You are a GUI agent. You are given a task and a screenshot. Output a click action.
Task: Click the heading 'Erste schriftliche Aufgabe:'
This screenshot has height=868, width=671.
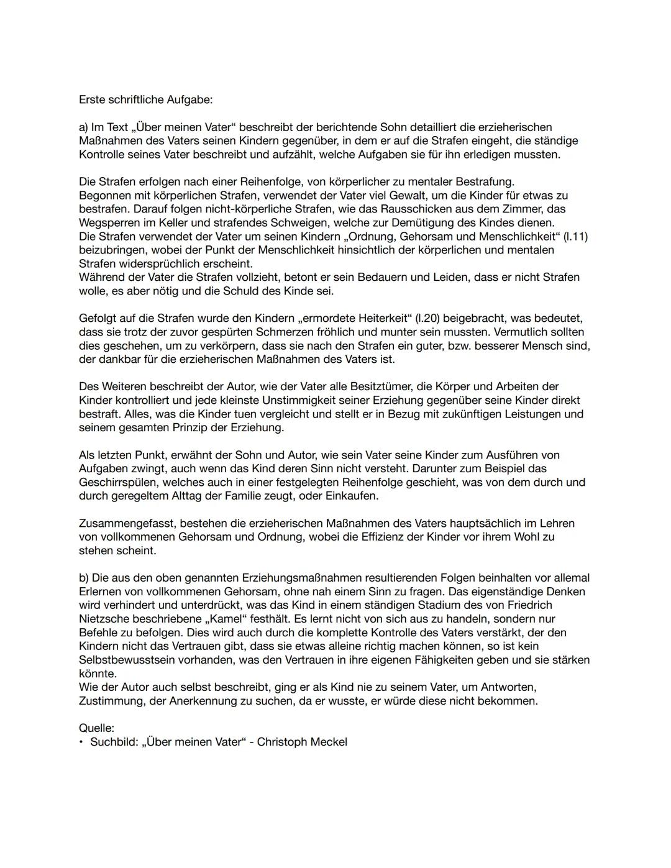(x=145, y=99)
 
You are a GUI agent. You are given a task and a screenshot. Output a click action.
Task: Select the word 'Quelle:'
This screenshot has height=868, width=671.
(x=96, y=728)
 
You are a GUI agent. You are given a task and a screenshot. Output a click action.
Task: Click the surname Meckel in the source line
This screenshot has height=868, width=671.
(x=329, y=742)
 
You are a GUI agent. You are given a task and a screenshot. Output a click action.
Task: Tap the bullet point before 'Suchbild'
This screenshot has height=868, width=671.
(x=81, y=742)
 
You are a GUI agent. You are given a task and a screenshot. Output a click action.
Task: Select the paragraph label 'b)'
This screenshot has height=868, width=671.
(x=84, y=578)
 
